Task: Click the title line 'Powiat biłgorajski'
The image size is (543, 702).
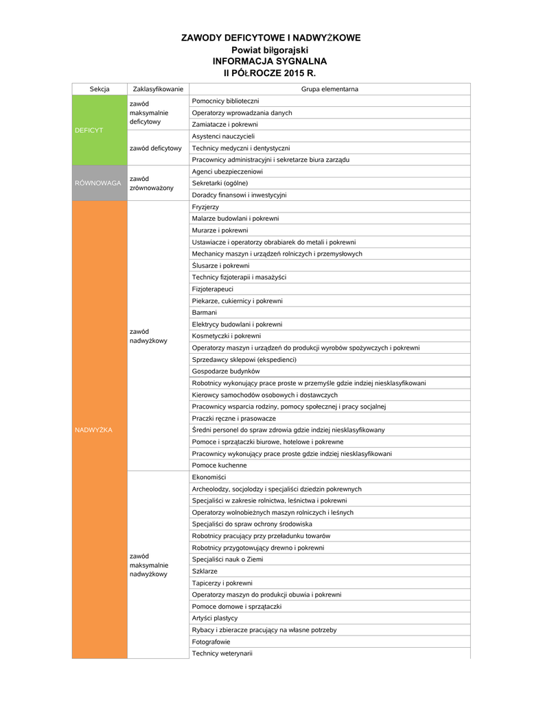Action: click(270, 50)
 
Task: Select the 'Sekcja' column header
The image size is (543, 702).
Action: click(100, 89)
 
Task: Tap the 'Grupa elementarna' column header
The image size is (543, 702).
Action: click(330, 89)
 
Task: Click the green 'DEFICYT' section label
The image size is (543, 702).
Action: click(89, 130)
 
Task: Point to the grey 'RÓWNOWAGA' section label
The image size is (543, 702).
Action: click(98, 183)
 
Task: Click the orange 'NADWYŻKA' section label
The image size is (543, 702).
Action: click(93, 430)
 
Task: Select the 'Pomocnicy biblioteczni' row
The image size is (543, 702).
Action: click(216, 101)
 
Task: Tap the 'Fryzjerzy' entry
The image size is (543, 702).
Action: click(206, 206)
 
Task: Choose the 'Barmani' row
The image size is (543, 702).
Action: click(205, 313)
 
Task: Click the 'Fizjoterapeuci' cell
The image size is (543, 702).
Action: click(213, 289)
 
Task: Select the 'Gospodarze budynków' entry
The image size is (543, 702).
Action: click(221, 371)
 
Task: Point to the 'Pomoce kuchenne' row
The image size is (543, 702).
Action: click(220, 465)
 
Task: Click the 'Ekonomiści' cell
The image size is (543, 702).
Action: click(209, 477)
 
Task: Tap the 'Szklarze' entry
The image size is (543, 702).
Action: click(205, 571)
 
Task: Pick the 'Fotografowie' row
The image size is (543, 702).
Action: click(211, 642)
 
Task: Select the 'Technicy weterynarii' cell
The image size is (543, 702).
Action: click(222, 653)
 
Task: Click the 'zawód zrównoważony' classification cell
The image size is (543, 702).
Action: click(151, 183)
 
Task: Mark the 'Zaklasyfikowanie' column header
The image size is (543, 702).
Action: click(158, 89)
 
